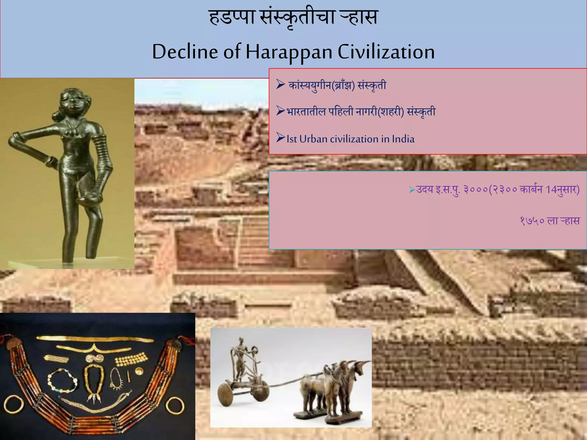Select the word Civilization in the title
click(x=386, y=52)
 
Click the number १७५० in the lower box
click(x=532, y=221)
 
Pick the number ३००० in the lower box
click(x=476, y=190)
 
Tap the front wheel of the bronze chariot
click(x=226, y=394)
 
